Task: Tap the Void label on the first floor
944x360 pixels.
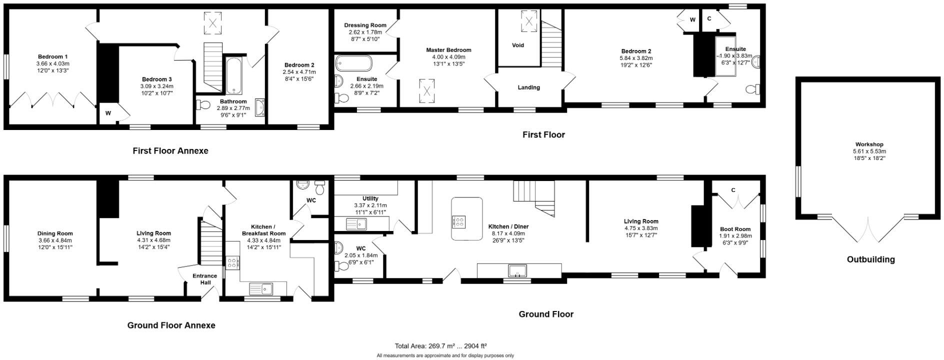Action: (x=518, y=45)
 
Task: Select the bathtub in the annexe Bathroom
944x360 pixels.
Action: (x=233, y=76)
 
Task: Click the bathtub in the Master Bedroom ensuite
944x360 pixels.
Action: (x=353, y=63)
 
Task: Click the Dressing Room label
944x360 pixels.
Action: (x=365, y=25)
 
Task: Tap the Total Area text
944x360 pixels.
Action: (x=440, y=345)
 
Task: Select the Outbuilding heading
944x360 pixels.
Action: (x=870, y=259)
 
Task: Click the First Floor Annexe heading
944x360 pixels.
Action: (x=170, y=150)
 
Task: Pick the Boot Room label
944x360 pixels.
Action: (x=735, y=229)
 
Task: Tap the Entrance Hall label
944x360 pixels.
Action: (x=205, y=279)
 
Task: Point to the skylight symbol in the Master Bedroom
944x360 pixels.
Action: (x=426, y=91)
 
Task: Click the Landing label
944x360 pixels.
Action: (x=528, y=87)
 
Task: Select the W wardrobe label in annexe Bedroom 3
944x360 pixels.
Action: (x=108, y=113)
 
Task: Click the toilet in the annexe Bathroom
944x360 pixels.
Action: (x=203, y=104)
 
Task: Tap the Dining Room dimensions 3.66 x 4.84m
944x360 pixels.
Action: (x=55, y=240)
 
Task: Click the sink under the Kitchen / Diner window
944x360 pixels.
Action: (x=517, y=270)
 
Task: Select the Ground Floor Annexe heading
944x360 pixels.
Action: (x=171, y=325)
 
